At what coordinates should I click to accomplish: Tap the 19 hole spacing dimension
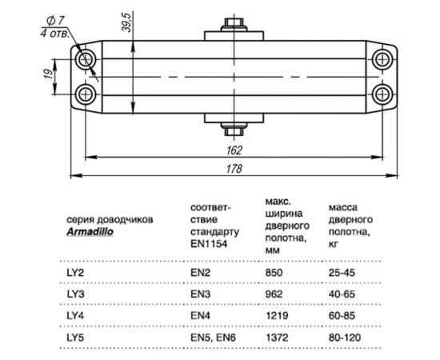tap(48, 77)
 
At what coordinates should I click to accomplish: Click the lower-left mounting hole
tap(87, 94)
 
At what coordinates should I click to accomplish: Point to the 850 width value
tap(273, 273)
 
